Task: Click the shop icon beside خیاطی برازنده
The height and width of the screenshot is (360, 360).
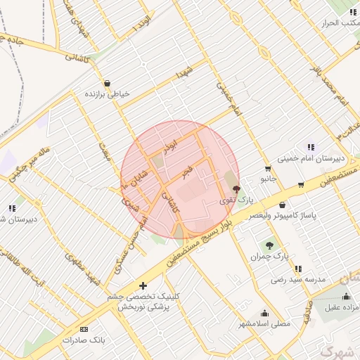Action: (106, 82)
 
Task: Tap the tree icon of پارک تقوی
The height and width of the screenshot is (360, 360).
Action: (236, 188)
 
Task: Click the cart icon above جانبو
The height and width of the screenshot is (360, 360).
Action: (268, 168)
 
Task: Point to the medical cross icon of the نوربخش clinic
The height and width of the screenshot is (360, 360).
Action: (143, 285)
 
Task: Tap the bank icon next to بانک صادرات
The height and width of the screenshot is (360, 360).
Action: (84, 329)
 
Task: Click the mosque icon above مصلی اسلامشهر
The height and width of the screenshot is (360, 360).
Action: (265, 313)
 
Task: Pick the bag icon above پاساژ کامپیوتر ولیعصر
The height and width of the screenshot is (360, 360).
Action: (282, 205)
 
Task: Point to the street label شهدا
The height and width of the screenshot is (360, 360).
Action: (186, 72)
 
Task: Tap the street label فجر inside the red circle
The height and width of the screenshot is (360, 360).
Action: (186, 171)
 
